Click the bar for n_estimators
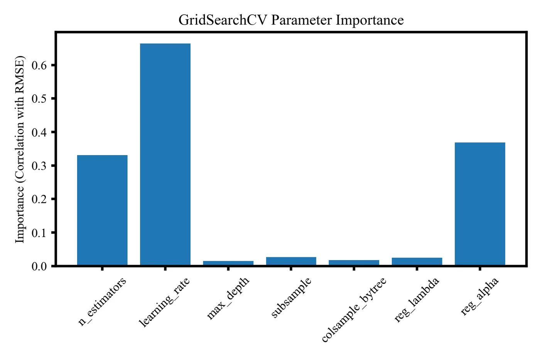(x=102, y=210)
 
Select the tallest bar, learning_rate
(x=165, y=154)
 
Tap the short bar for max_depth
(x=228, y=263)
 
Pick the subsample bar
(x=291, y=261)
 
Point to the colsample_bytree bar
(x=354, y=263)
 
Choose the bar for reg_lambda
(x=417, y=262)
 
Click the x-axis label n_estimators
(x=102, y=302)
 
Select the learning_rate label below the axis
(x=164, y=303)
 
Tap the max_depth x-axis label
(x=228, y=298)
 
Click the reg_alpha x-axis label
(x=480, y=296)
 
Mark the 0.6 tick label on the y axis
(x=39, y=65)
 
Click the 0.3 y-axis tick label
(x=39, y=166)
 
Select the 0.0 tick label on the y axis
(x=39, y=266)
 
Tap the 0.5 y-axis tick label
(x=39, y=99)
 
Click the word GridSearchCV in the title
(x=223, y=20)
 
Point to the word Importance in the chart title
(x=370, y=20)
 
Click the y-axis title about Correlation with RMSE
(x=20, y=150)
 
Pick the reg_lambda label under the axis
(x=417, y=300)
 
